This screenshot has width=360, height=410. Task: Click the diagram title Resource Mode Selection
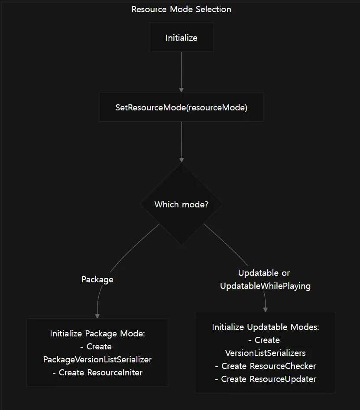click(182, 10)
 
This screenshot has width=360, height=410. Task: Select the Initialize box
click(182, 37)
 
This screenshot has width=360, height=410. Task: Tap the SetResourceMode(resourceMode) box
click(182, 107)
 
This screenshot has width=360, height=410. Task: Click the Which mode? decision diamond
click(182, 204)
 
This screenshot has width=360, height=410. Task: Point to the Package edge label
click(97, 280)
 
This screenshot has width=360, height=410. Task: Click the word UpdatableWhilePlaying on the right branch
click(265, 286)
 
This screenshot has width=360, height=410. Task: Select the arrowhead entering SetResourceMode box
click(182, 90)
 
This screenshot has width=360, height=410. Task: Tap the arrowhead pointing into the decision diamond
click(182, 160)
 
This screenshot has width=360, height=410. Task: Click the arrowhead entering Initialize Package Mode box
click(97, 316)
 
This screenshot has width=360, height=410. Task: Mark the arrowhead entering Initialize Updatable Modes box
click(265, 310)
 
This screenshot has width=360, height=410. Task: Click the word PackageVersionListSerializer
click(97, 359)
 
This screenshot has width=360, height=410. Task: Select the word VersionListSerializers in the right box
click(265, 353)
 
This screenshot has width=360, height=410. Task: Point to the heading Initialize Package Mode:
click(97, 334)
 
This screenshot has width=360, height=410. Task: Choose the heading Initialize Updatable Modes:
click(265, 327)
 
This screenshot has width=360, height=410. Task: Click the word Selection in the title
click(214, 10)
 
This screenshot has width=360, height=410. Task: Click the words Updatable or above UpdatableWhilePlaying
click(264, 273)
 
